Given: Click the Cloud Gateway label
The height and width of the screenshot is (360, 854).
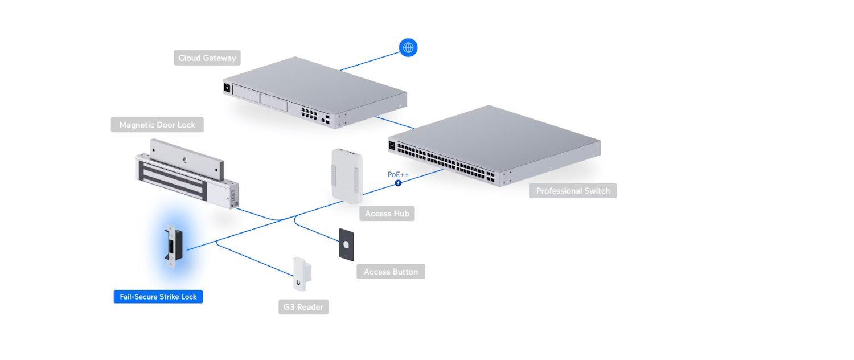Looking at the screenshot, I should [207, 58].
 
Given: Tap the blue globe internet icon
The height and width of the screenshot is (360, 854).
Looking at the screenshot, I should [408, 48].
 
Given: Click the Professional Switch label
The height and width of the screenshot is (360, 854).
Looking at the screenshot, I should [573, 191].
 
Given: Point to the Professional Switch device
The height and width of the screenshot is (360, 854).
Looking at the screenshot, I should [494, 145].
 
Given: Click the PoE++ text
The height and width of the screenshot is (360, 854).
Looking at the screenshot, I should [398, 174].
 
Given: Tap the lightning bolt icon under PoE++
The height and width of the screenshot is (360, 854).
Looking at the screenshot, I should [398, 183].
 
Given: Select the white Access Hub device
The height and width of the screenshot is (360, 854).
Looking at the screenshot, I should [347, 175].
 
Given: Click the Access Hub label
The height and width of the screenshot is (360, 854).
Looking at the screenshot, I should [387, 214].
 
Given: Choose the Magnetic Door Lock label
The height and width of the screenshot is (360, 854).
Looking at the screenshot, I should [157, 125].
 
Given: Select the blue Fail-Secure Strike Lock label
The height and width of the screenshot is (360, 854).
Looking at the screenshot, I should [158, 297].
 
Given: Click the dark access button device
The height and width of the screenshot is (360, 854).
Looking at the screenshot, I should [346, 244].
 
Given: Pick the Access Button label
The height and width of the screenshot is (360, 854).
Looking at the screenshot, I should [391, 272].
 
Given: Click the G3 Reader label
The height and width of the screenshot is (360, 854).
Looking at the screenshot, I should [303, 307].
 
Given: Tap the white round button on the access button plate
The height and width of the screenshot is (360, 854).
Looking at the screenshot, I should [346, 244].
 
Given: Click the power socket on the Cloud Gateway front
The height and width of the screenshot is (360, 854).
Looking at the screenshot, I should [228, 88].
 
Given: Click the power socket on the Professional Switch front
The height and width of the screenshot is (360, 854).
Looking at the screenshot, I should [392, 146].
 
